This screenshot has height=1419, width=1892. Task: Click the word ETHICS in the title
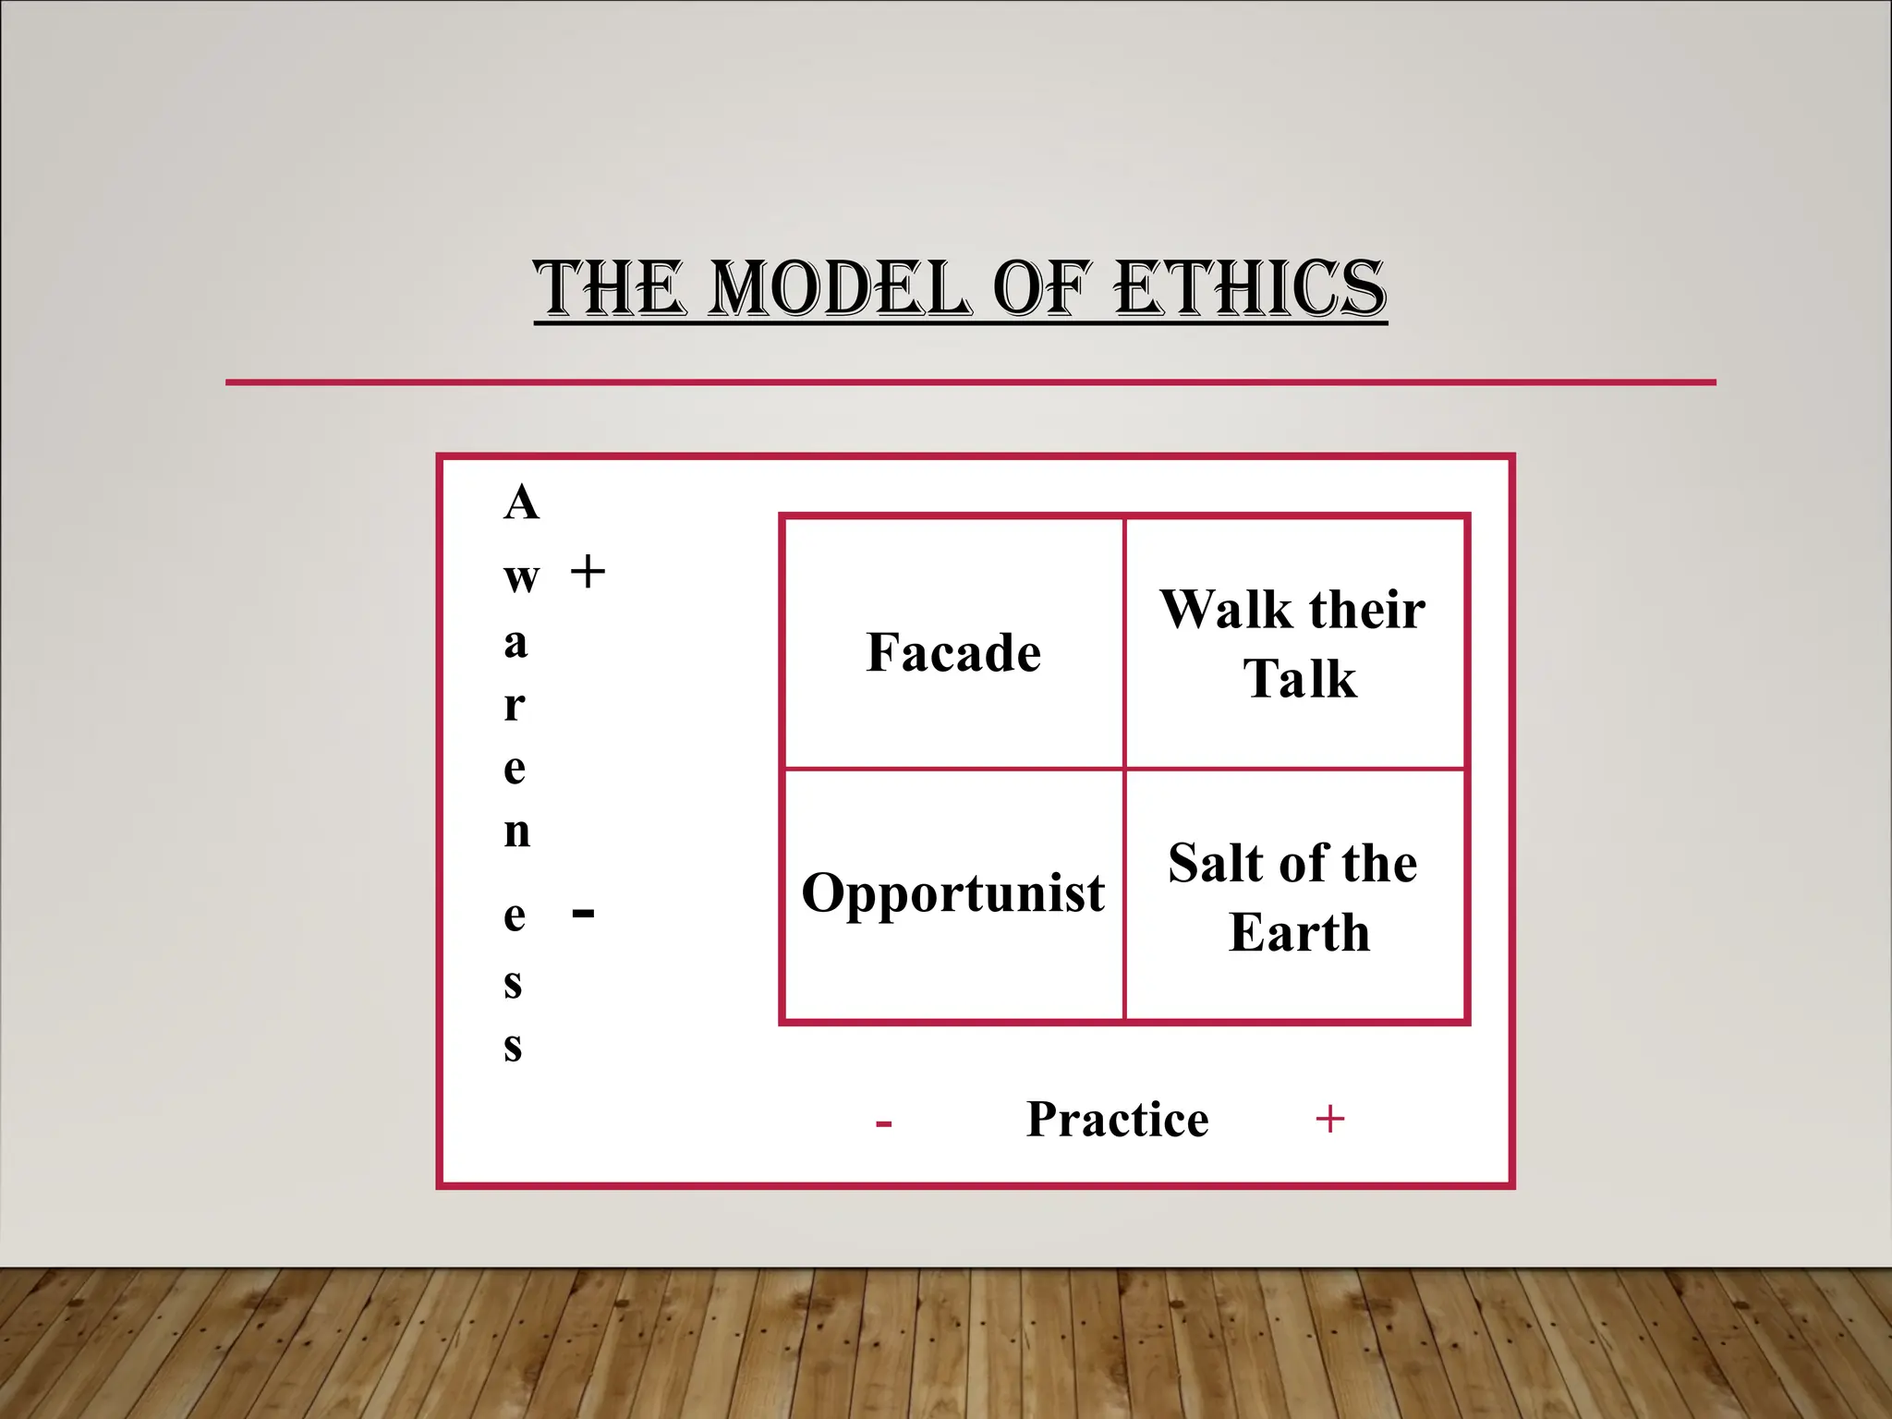(1251, 288)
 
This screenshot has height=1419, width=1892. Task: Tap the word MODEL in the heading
(843, 288)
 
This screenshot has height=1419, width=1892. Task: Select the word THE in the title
(610, 288)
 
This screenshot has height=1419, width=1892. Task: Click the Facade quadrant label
(953, 652)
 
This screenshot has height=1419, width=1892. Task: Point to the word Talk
(1300, 679)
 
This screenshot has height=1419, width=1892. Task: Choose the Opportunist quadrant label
(953, 893)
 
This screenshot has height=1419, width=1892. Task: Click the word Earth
(1299, 932)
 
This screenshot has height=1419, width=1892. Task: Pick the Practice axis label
(1118, 1120)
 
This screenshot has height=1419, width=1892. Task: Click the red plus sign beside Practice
(1329, 1120)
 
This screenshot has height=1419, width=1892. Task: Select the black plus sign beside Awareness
(588, 572)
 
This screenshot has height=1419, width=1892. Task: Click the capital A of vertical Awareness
(521, 503)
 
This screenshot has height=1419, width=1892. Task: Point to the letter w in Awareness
(521, 578)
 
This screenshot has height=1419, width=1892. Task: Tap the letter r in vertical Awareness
(515, 706)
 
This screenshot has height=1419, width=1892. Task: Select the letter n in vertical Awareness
(517, 831)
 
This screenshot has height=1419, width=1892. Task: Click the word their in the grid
(1366, 610)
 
